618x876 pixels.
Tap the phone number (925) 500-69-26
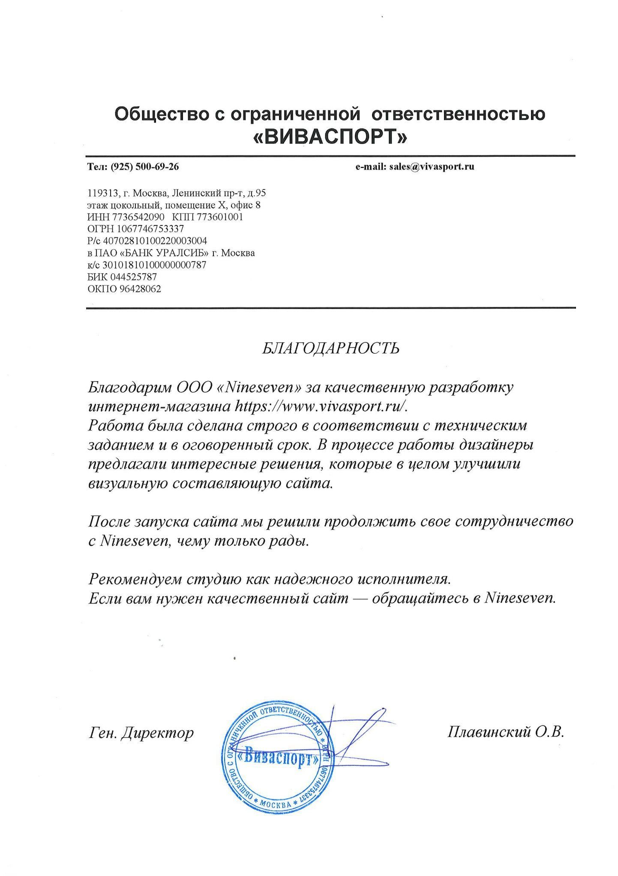click(x=144, y=167)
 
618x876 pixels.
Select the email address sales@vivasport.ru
click(x=432, y=167)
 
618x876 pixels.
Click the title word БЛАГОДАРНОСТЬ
click(x=330, y=348)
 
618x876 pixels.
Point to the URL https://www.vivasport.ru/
click(x=321, y=406)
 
